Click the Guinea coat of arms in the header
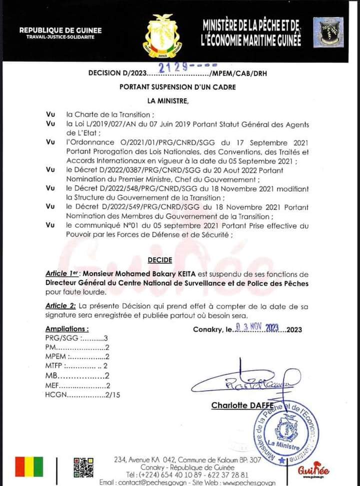coord(163,35)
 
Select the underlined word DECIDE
coord(160,260)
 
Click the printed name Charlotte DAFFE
coord(235,406)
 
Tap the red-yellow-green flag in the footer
coord(29,467)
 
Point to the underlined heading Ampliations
coord(67,329)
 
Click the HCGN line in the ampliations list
coord(82,395)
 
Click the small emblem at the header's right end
coord(328,32)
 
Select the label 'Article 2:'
coord(60,305)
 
